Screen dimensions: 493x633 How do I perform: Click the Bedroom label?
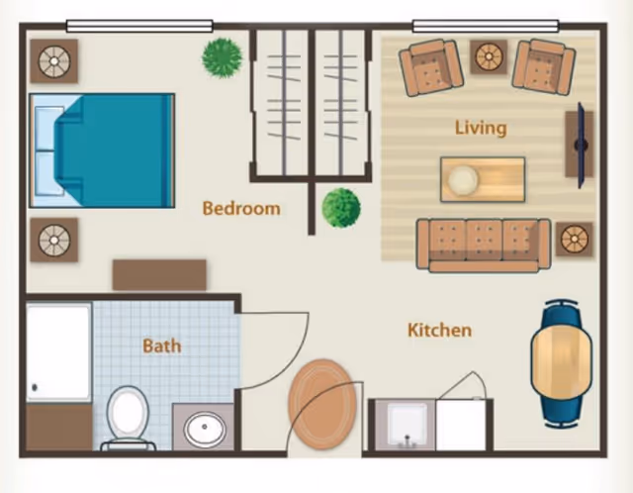pos(240,208)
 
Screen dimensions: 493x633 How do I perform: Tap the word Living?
pos(481,128)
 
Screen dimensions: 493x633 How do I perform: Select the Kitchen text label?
pos(439,330)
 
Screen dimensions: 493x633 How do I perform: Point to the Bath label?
pos(161,345)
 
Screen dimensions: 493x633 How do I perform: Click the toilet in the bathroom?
pos(128,417)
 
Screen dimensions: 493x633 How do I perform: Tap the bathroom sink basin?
pos(205,429)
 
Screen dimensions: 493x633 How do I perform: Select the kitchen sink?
pos(407,425)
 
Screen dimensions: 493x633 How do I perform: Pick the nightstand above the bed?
pos(53,61)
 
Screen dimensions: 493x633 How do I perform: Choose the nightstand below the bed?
pos(53,239)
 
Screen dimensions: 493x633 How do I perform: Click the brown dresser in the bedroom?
pos(159,274)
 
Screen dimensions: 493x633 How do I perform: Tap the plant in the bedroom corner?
pos(223,57)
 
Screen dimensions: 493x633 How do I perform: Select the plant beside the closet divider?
pos(341,208)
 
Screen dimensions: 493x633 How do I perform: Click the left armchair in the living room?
pos(430,66)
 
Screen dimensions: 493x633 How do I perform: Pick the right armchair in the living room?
pos(543,66)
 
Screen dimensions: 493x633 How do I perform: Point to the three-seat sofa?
pos(484,244)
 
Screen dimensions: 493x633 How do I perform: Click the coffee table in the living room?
pos(483,179)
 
